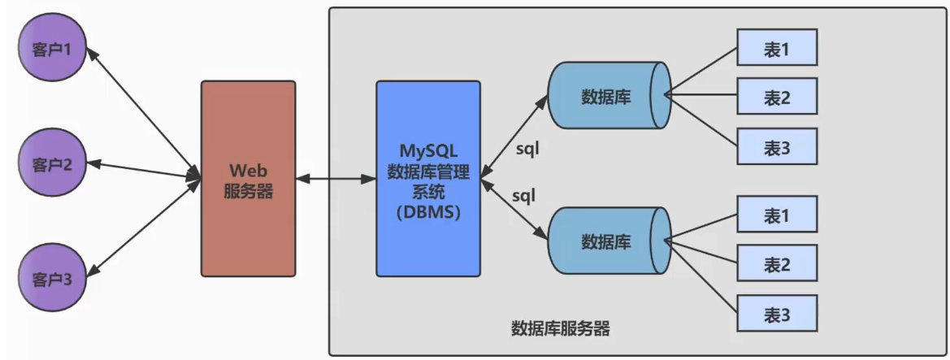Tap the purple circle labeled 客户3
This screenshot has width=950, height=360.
coord(52,279)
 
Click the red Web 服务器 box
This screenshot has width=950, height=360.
coord(249,179)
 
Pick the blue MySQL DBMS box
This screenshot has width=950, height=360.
coord(428,179)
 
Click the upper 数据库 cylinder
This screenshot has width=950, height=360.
coord(609,95)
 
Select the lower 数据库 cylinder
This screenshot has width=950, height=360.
coord(609,242)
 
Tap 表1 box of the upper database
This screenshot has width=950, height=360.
coord(778,47)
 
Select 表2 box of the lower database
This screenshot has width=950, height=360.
coord(778,263)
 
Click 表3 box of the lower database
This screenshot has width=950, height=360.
coord(778,313)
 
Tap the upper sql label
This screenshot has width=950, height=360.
coord(527,148)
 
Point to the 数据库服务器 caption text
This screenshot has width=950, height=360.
coord(561,330)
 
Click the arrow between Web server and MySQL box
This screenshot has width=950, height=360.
coord(336,179)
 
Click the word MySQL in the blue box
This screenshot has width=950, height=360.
coord(428,149)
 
